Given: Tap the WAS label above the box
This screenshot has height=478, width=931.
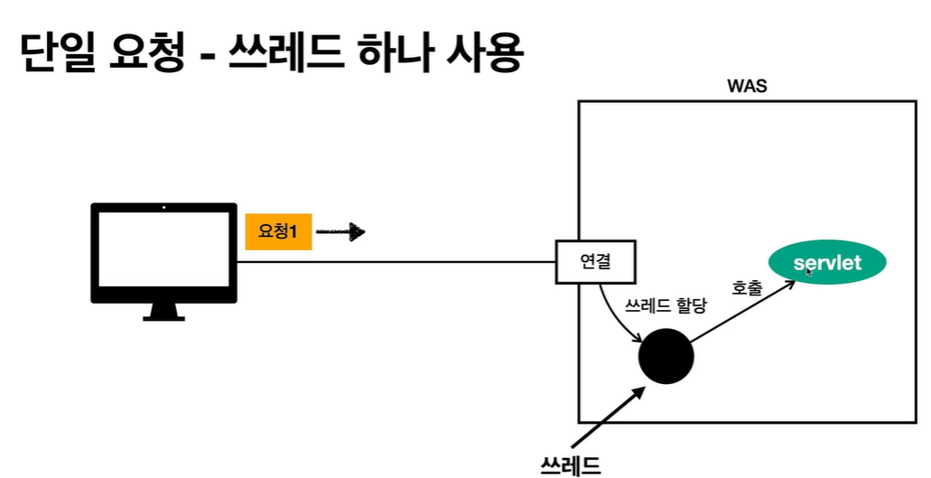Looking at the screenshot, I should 747,88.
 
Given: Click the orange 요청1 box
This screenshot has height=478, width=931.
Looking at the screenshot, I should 278,232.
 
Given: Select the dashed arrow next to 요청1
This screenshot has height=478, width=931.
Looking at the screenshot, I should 340,232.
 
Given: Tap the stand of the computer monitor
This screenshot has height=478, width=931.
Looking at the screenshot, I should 163,313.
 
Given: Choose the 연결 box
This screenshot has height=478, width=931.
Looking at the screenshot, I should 595,262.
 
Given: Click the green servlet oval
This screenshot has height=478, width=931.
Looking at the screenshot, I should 827,264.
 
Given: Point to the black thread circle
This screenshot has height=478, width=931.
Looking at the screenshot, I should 666,355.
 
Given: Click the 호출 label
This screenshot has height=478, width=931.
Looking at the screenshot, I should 747,289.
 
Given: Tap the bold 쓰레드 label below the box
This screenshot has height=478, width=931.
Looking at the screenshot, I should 571,464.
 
